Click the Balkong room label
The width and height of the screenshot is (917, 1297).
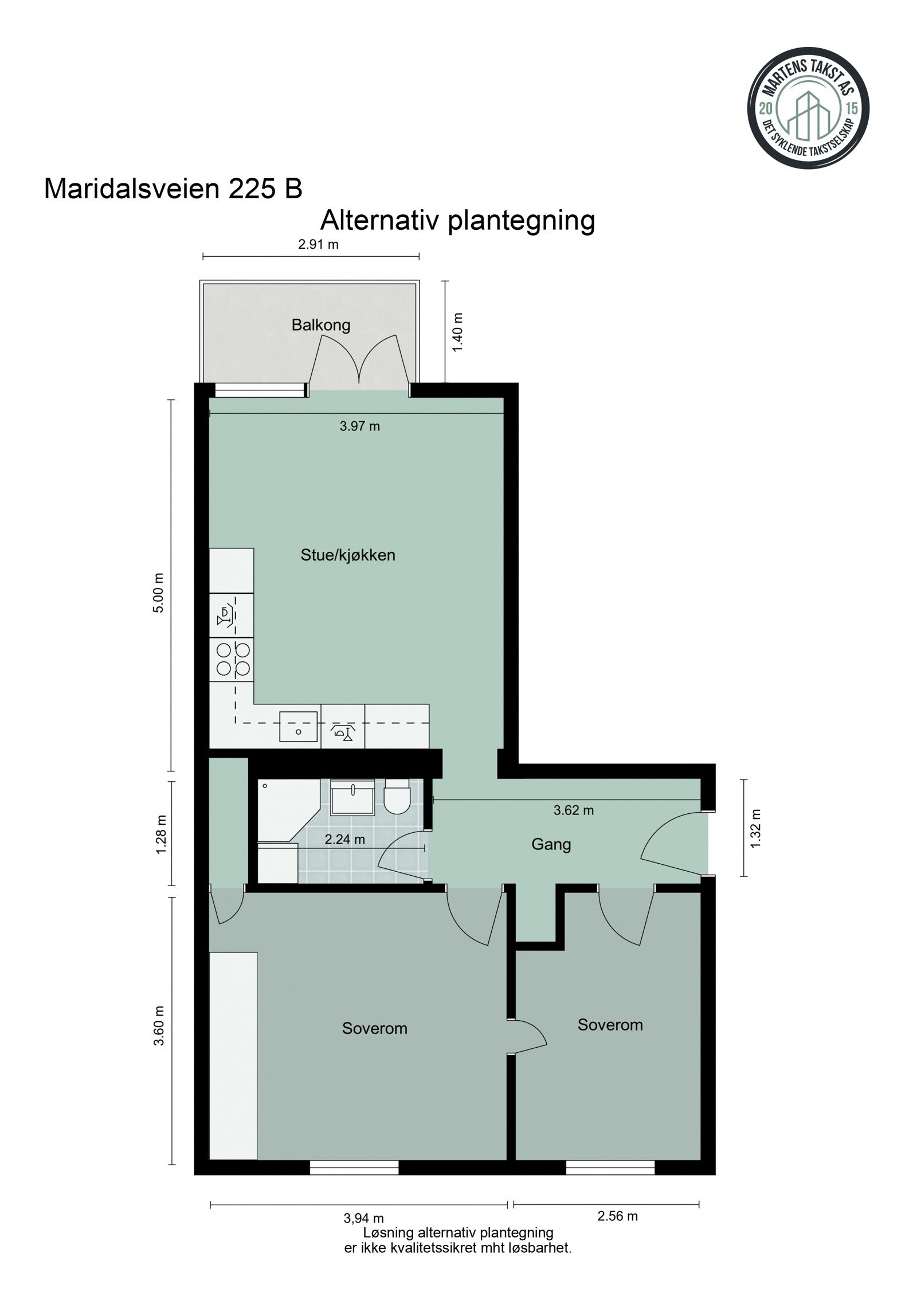pos(320,326)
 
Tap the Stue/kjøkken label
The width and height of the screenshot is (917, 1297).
pos(348,555)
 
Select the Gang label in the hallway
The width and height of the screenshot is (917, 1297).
pos(551,844)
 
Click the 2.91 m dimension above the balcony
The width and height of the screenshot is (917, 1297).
pos(318,245)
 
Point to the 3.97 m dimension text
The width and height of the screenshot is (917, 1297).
pos(359,426)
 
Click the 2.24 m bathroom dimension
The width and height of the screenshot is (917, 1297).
pos(344,840)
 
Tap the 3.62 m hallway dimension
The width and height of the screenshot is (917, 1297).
pos(573,810)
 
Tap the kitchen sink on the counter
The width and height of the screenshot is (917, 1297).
pos(298,727)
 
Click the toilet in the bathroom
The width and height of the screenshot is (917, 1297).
pos(396,796)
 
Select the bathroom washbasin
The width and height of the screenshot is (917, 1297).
pos(353,797)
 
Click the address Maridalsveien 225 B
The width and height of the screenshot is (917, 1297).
pos(173,189)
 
